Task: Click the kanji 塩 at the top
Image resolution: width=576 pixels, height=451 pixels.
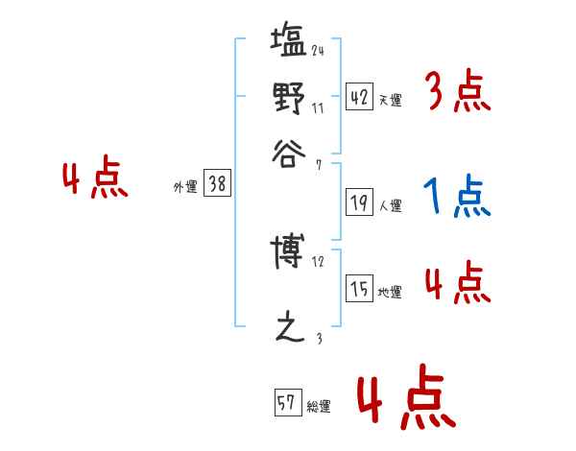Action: point(289,44)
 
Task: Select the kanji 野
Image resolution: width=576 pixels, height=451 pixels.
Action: point(289,97)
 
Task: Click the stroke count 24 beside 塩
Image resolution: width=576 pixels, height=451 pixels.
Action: point(318,50)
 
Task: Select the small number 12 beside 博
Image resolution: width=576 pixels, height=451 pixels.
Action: point(319,261)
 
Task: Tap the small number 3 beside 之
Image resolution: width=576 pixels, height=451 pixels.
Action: point(318,337)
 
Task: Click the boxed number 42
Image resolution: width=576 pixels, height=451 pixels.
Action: point(359,97)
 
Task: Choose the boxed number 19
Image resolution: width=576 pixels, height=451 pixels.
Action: point(359,202)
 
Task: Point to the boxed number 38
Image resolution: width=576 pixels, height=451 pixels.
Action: point(217,185)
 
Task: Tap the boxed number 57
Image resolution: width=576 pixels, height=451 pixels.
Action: point(287,403)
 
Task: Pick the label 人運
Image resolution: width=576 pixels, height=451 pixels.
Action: point(390,205)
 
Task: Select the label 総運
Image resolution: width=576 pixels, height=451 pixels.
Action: point(319,406)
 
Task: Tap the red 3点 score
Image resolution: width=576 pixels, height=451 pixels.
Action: point(457,93)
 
